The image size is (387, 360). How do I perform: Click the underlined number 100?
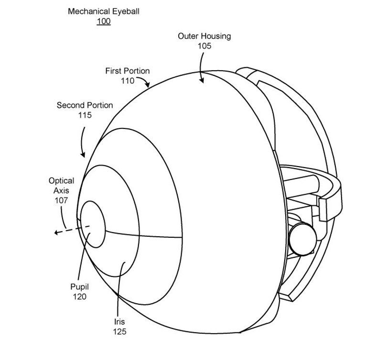pos(104,21)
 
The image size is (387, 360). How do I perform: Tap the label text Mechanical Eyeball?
pos(104,11)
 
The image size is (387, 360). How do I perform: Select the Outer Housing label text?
pos(204,36)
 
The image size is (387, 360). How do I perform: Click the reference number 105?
pos(204,46)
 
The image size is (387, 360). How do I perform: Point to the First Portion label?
pos(128,71)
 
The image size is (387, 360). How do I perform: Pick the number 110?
pos(128,81)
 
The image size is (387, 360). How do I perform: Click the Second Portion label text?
pos(85,106)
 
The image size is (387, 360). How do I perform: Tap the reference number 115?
pos(85,115)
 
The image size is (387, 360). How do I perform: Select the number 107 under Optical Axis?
pos(61,201)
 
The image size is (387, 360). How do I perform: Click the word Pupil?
pos(79,287)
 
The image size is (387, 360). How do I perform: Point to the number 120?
pos(79,296)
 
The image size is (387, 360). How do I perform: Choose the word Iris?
pos(119,322)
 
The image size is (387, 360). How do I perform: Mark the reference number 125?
pos(120,332)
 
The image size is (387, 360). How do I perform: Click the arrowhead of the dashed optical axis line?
pos(56,232)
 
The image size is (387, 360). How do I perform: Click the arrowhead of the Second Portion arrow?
pos(83,155)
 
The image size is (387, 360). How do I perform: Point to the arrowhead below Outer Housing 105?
pos(202,80)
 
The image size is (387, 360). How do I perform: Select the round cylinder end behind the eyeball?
pos(302,239)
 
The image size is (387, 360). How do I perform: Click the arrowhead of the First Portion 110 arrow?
pos(147,85)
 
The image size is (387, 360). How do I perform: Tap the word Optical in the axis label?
pos(61,181)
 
